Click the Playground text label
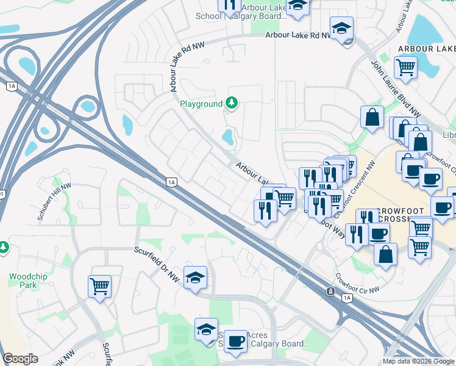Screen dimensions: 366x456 click(201, 104)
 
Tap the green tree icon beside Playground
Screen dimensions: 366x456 click(231, 103)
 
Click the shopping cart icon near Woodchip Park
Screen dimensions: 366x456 click(99, 285)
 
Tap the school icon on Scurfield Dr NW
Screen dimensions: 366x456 click(195, 278)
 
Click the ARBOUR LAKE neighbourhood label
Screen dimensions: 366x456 click(426, 49)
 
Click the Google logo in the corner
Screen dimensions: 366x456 click(20, 359)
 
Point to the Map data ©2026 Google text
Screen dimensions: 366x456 click(418, 361)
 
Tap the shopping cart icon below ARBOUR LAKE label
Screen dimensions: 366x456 click(405, 66)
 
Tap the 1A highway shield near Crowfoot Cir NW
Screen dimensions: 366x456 click(347, 298)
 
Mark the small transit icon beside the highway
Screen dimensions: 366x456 click(330, 292)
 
